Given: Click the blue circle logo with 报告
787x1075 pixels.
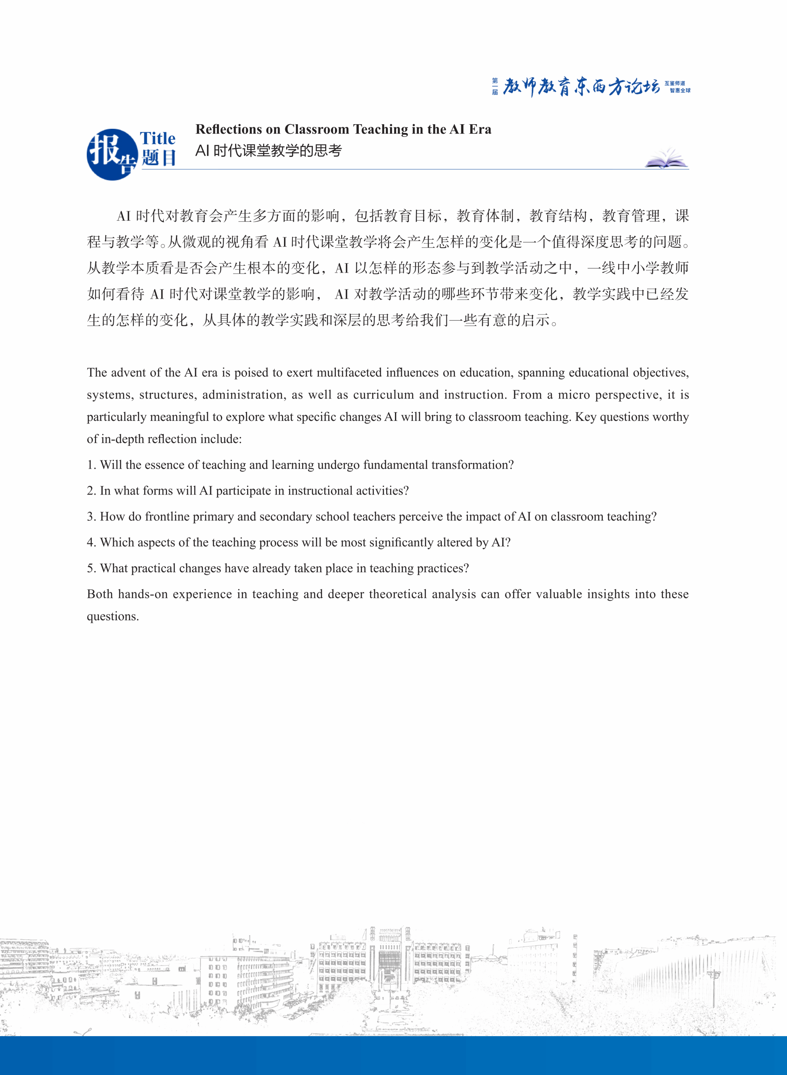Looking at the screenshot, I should click(112, 155).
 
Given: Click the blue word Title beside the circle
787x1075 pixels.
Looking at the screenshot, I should click(158, 139).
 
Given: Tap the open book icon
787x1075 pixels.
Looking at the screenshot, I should click(666, 159).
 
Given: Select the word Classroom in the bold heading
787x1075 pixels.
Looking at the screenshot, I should click(317, 130).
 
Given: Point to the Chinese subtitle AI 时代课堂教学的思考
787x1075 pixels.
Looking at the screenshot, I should click(269, 151).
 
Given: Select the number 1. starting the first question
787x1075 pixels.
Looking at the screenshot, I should click(91, 465).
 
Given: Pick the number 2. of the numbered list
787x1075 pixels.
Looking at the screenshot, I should click(91, 491).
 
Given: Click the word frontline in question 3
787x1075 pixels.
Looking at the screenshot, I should click(167, 517).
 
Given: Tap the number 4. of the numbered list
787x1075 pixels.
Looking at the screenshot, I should click(91, 542).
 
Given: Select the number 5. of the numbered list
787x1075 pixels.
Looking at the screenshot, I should click(91, 568).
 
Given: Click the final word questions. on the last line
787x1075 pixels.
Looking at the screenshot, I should click(113, 616).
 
